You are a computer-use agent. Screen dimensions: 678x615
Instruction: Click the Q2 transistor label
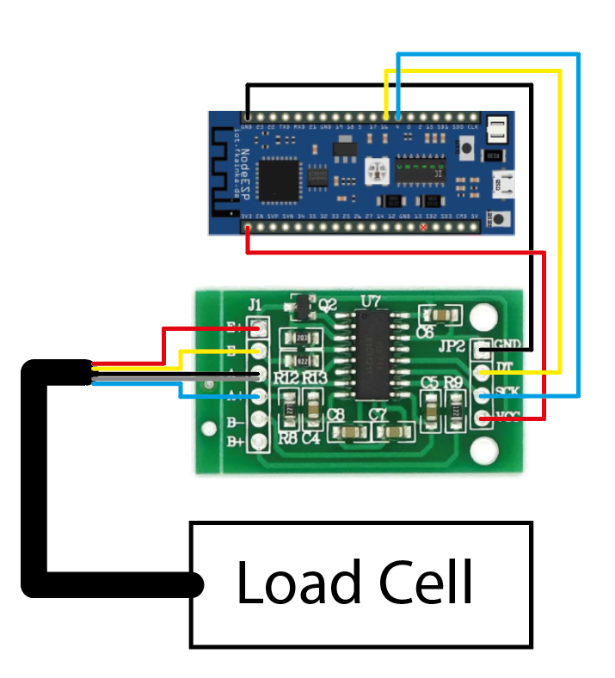pos(328,304)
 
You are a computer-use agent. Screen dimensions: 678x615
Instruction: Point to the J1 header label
pos(255,304)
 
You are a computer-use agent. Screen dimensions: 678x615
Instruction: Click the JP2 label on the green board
pos(452,348)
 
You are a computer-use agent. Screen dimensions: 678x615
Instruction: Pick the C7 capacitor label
pos(378,415)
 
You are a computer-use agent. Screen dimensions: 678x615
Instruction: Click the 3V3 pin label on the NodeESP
pos(246,217)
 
